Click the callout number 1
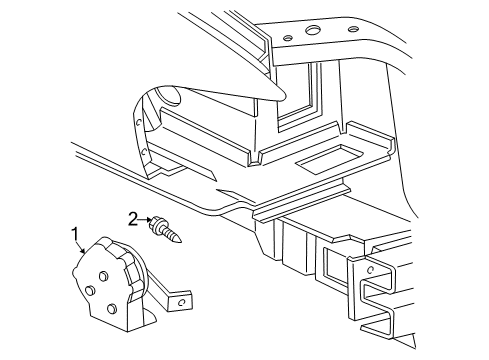click(x=73, y=236)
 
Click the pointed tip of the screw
click(x=184, y=242)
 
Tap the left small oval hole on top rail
click(x=289, y=38)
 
